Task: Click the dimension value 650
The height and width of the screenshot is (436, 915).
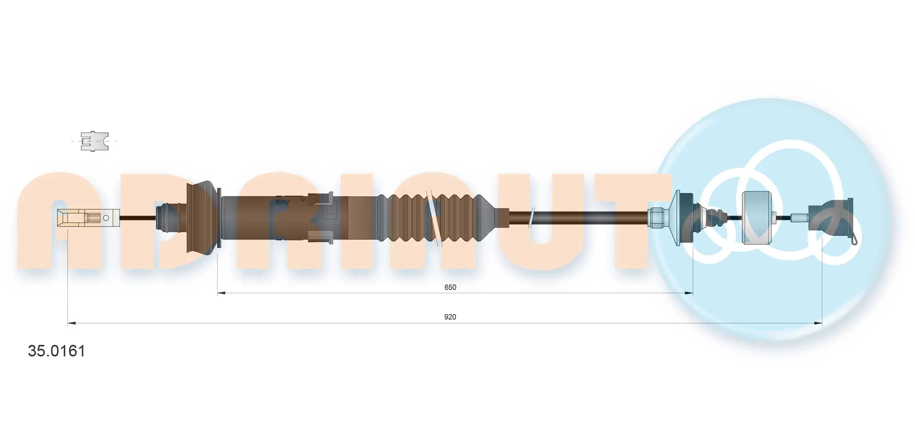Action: click(450, 287)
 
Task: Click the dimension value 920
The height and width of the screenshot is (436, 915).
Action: click(450, 317)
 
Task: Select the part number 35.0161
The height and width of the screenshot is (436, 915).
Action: click(57, 351)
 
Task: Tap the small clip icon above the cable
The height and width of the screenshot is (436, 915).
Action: click(94, 141)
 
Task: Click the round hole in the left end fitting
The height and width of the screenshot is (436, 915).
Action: click(106, 218)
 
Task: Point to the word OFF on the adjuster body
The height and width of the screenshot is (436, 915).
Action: click(282, 202)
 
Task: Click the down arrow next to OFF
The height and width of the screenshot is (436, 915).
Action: click(303, 199)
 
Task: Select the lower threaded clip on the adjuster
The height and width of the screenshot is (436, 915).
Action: click(321, 237)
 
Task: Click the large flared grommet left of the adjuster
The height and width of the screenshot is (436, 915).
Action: click(201, 218)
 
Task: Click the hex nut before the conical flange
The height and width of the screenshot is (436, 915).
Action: click(656, 218)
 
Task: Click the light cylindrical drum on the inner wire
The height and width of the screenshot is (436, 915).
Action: click(756, 218)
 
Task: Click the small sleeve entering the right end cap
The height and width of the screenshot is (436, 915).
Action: click(799, 218)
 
